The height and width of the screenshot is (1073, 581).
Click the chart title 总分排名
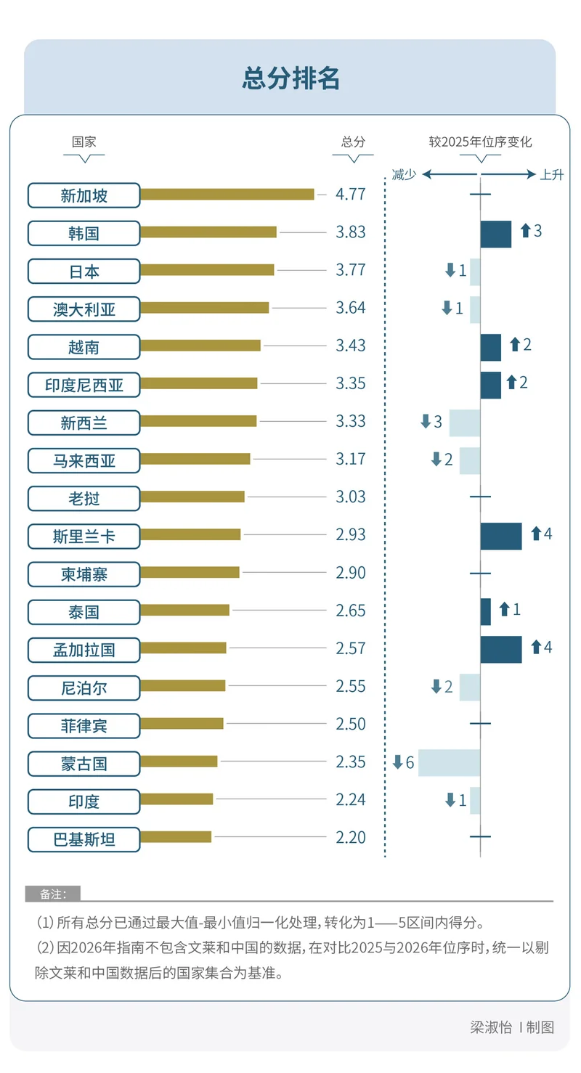click(x=290, y=78)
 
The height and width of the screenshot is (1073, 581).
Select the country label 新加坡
click(x=84, y=195)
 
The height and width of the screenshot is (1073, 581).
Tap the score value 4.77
click(x=350, y=195)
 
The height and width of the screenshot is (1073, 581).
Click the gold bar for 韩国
click(x=208, y=232)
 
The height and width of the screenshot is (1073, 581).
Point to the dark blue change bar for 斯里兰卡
click(x=500, y=536)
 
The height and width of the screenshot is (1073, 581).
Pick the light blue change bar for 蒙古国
click(x=449, y=762)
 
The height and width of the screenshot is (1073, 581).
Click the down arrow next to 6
click(x=397, y=762)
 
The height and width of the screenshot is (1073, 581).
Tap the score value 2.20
click(x=350, y=837)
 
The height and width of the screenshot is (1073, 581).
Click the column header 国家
click(x=84, y=142)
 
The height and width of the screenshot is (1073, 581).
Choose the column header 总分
click(x=353, y=142)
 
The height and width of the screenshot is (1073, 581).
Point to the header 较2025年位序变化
click(x=480, y=142)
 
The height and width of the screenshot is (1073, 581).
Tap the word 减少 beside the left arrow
click(x=404, y=175)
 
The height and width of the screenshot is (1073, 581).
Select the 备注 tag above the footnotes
click(x=52, y=894)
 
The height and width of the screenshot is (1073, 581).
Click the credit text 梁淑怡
click(x=490, y=1027)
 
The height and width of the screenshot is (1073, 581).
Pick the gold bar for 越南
click(x=200, y=346)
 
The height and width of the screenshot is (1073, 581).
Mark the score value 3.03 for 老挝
click(x=350, y=497)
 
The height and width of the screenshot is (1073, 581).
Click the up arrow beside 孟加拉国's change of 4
click(x=537, y=647)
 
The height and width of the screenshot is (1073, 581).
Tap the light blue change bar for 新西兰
click(x=464, y=423)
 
